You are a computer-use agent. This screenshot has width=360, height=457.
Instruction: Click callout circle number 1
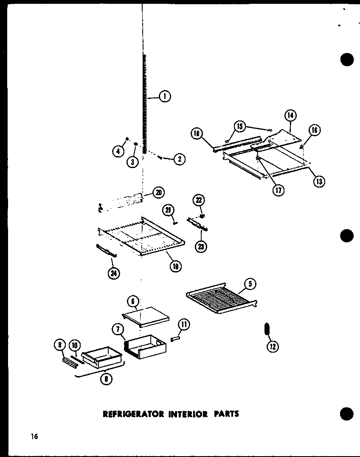click(x=165, y=97)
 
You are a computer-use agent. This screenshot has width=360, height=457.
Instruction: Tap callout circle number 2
click(x=179, y=160)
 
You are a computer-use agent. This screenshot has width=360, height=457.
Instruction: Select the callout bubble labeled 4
click(x=118, y=150)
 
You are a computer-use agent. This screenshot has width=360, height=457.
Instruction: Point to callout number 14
click(x=291, y=115)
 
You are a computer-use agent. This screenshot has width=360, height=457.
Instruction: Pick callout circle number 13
click(x=319, y=182)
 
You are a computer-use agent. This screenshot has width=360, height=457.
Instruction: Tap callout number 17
click(x=278, y=190)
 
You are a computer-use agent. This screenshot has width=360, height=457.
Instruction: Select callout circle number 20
click(x=159, y=192)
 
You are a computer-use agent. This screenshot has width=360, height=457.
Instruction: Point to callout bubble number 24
click(x=114, y=273)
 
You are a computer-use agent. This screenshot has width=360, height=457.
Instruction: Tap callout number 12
click(x=272, y=347)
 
